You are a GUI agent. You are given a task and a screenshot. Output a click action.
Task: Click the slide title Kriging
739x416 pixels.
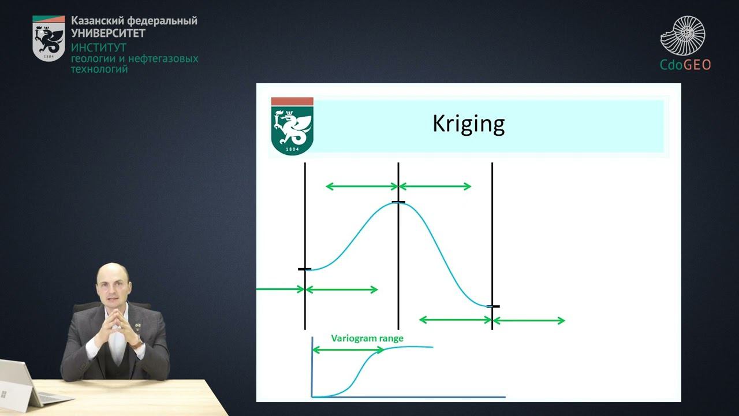468,124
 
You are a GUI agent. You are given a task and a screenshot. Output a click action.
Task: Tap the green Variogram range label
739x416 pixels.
367,339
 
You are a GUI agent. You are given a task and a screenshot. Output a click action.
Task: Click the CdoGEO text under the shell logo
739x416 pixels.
685,64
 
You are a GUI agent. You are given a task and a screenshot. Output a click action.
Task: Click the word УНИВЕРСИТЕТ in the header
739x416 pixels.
108,33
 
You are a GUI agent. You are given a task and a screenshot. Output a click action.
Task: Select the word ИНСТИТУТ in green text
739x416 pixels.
98,47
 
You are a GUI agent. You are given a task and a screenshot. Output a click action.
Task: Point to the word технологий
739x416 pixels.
99,69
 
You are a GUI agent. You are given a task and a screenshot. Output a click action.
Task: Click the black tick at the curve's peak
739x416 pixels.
398,202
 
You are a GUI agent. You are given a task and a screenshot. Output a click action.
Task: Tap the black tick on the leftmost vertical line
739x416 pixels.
304,269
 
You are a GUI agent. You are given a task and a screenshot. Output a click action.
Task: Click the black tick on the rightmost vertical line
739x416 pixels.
492,306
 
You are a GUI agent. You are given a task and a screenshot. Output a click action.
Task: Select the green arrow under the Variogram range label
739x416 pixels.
348,350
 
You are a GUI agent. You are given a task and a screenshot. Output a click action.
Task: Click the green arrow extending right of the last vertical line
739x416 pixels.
528,321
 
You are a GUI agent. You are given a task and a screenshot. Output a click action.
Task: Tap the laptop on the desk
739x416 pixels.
23,384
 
